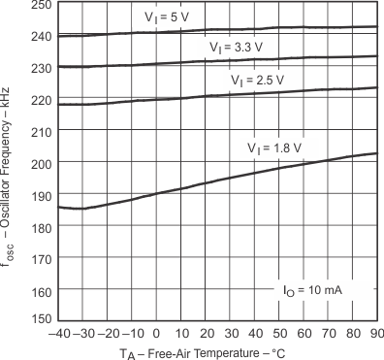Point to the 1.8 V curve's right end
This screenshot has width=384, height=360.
(376, 153)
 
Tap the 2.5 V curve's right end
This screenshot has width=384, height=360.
(376, 87)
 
